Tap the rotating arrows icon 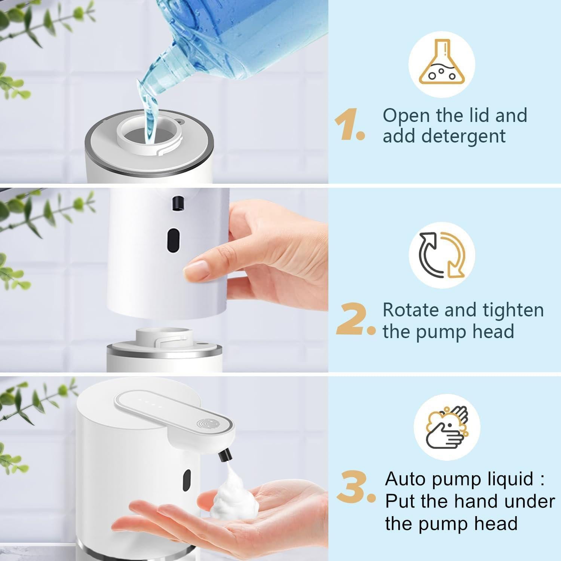pos(442,255)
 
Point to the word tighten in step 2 pos(513,310)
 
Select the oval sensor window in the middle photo pos(173,239)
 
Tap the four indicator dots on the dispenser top pos(152,405)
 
